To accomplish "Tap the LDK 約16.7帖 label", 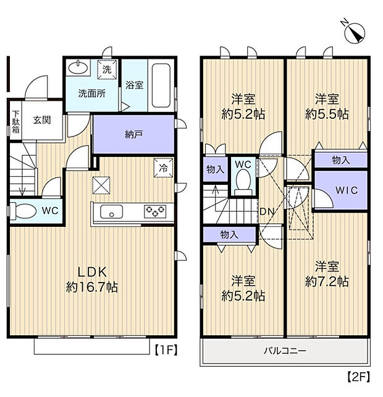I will [x=93, y=280].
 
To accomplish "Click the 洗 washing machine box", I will [x=107, y=70].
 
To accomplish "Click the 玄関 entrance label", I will [x=42, y=120].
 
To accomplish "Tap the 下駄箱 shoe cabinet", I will [x=15, y=122].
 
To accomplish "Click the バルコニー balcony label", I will [x=285, y=351].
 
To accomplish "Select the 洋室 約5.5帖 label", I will [x=327, y=106].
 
